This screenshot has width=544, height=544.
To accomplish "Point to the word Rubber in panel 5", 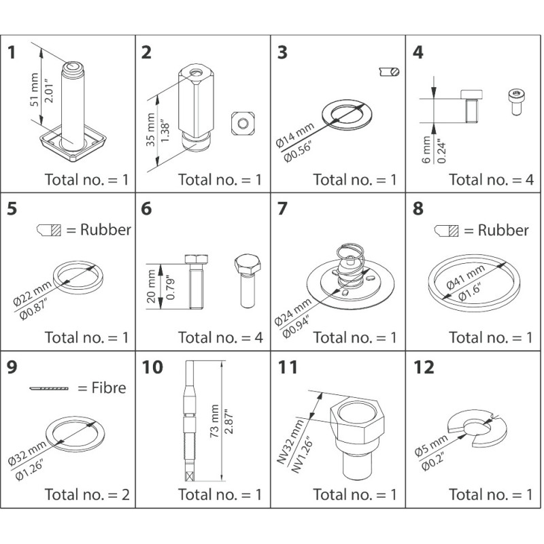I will click(105, 230).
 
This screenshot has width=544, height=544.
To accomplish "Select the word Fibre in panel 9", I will click(101, 389).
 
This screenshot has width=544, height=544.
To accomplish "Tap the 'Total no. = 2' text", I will click(86, 494).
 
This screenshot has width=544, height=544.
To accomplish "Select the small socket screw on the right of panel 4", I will click(515, 97).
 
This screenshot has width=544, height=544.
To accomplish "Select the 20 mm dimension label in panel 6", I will click(151, 287).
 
